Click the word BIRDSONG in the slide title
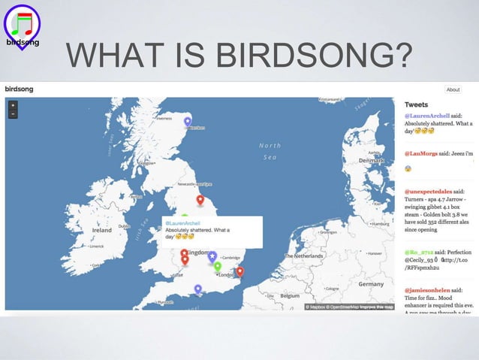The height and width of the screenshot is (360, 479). (x=316, y=56)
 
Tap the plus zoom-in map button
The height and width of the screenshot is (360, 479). (x=13, y=106)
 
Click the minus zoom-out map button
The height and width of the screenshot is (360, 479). (x=13, y=114)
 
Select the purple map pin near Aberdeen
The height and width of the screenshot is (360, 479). (x=188, y=121)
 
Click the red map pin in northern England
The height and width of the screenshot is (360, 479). (x=200, y=200)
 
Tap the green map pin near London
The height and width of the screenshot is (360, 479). (x=217, y=266)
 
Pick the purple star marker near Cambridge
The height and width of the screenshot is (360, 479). (x=212, y=257)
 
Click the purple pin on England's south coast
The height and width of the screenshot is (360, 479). (x=197, y=289)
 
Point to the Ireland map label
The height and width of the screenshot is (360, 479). (x=102, y=230)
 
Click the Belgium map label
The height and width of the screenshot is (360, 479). (x=289, y=295)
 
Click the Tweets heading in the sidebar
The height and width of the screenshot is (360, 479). (x=417, y=104)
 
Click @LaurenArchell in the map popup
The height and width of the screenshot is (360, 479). (x=182, y=223)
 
